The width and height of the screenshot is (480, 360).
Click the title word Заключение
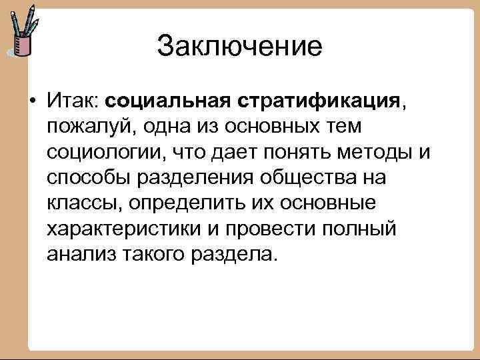coord(239,47)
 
